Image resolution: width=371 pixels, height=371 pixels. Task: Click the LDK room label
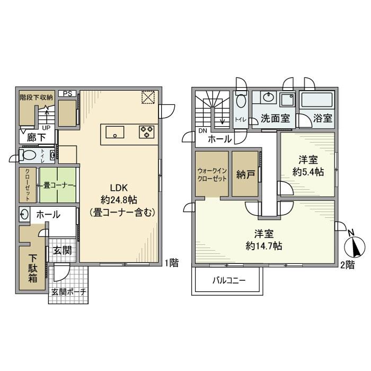(x=119, y=188)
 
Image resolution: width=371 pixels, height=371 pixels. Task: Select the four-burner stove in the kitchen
(x=147, y=132)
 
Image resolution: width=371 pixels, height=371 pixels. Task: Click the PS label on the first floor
(x=67, y=94)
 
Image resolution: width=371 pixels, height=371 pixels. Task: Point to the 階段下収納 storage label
(x=36, y=98)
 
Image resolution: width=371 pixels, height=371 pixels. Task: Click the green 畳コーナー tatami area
(x=57, y=185)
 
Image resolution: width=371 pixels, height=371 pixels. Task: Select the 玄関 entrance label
(x=63, y=250)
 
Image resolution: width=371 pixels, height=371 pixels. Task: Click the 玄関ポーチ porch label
(x=69, y=292)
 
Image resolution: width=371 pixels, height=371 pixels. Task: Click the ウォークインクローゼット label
(x=212, y=175)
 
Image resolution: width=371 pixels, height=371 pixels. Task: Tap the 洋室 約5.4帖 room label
(x=308, y=165)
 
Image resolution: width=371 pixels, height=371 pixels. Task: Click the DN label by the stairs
(x=202, y=131)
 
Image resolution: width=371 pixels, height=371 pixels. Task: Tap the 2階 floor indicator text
(x=347, y=264)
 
